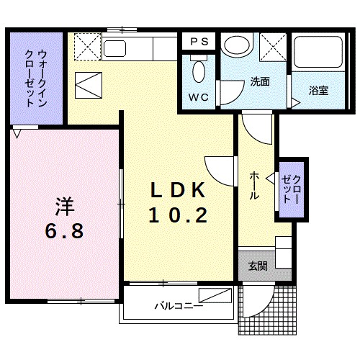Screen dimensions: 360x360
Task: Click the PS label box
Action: (x=199, y=42)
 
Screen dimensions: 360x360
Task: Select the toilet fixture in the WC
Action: (x=199, y=72)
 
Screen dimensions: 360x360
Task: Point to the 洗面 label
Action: (x=260, y=81)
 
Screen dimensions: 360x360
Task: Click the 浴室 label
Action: (x=318, y=90)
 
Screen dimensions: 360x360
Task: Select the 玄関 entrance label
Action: (x=258, y=266)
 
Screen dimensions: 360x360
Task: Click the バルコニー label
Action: (x=178, y=305)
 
